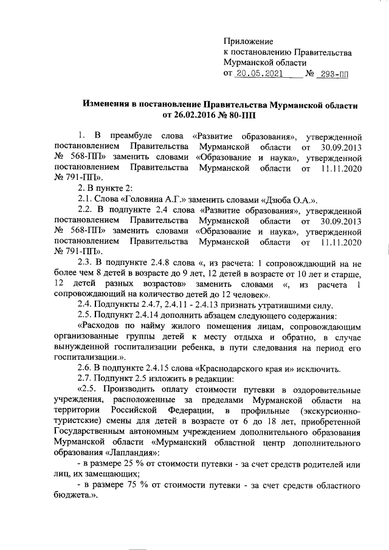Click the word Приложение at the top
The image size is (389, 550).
[249, 41]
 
